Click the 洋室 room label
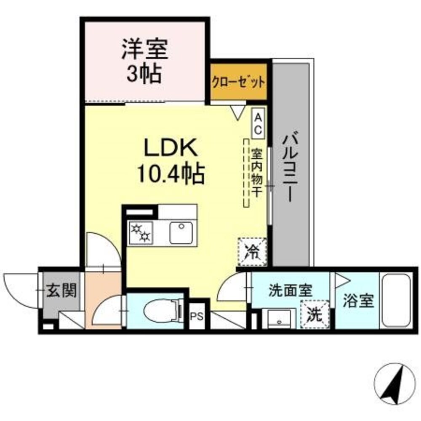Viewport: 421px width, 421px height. (x=145, y=50)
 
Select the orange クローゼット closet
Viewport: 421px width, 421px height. (x=239, y=82)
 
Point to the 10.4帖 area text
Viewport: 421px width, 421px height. (x=170, y=173)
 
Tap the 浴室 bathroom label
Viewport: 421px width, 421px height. (x=358, y=301)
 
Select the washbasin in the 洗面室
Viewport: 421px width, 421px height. (x=279, y=318)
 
